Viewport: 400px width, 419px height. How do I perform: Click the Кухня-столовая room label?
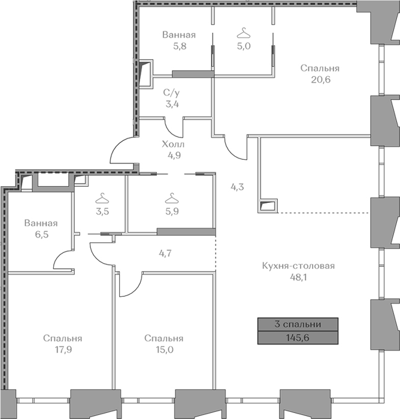tap(298, 266)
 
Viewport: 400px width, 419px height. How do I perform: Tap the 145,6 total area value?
tap(298, 338)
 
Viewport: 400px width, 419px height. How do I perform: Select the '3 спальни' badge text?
tap(298, 324)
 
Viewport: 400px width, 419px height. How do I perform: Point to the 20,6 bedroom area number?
tap(320, 80)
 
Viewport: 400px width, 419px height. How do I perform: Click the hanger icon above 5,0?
tap(244, 34)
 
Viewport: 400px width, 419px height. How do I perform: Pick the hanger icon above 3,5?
tap(102, 199)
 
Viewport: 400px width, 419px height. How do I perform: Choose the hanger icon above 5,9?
tap(172, 198)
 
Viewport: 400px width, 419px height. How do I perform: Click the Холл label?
tap(173, 144)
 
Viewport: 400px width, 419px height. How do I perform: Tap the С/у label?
tap(171, 93)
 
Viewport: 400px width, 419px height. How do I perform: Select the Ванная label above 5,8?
tap(179, 35)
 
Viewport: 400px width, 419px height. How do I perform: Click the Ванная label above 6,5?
tap(41, 223)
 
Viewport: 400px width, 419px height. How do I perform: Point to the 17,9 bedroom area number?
tap(63, 349)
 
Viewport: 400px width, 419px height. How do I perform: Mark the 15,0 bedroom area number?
tap(165, 349)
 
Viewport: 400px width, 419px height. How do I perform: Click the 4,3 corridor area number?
tap(237, 187)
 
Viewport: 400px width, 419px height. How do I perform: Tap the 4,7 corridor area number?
tap(165, 253)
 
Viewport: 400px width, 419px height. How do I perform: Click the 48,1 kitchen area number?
tap(298, 277)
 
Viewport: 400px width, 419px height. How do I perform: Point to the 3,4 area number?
tap(172, 104)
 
